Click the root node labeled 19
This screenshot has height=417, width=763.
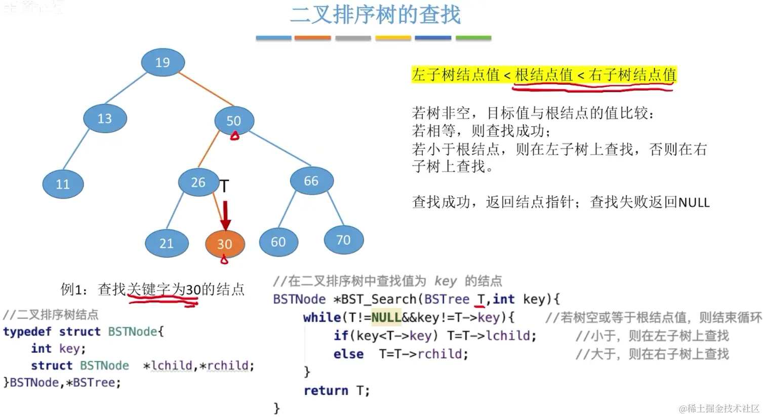(163, 62)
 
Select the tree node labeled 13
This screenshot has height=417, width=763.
(105, 119)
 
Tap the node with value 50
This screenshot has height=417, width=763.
(233, 121)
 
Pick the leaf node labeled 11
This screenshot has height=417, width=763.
(63, 184)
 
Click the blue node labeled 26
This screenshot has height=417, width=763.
(198, 182)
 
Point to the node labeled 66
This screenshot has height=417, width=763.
(311, 181)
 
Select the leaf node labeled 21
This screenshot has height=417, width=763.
(167, 243)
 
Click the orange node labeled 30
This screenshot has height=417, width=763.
(225, 244)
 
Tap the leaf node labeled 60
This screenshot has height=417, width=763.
(278, 242)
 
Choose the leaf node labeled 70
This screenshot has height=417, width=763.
(343, 240)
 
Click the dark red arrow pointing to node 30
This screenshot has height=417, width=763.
(226, 215)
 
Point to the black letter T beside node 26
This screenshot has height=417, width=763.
(224, 186)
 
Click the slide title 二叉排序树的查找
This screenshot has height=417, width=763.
(375, 15)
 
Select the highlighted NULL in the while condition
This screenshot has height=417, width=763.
(386, 318)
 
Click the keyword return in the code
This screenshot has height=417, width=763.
(326, 391)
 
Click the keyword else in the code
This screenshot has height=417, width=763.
(348, 354)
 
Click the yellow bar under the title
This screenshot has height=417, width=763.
(393, 38)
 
